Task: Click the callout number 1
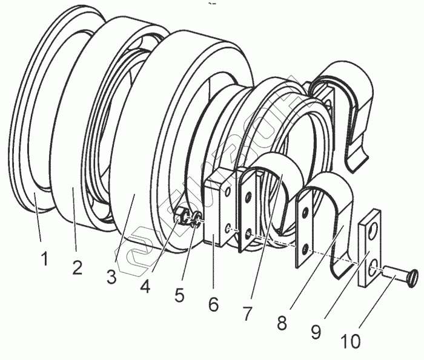pyautogui.click(x=44, y=259)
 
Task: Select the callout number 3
pyautogui.click(x=111, y=277)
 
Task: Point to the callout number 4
pyautogui.click(x=145, y=286)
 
